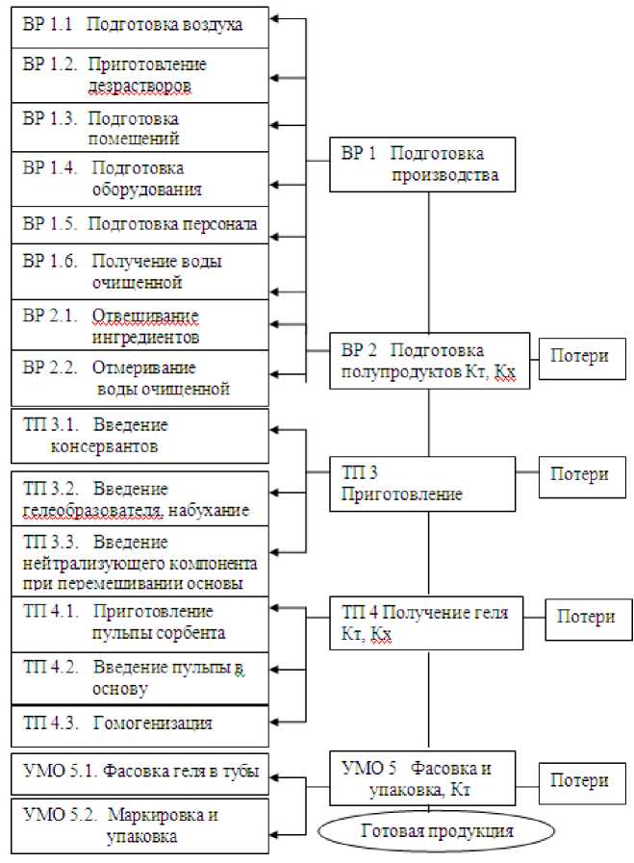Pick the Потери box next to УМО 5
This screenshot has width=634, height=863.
tap(579, 782)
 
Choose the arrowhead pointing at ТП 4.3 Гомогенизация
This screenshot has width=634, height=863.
tap(274, 720)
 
